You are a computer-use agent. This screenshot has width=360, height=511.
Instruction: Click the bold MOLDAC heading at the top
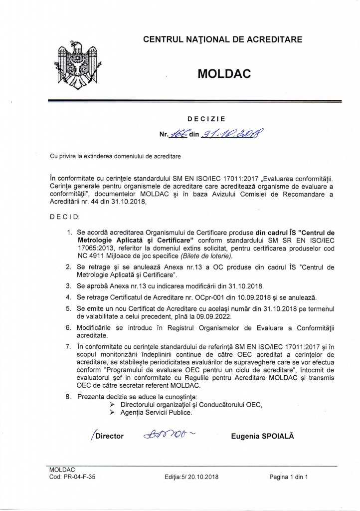pyautogui.click(x=224, y=74)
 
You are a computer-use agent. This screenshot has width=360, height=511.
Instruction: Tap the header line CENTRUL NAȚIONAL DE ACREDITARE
pyautogui.click(x=222, y=39)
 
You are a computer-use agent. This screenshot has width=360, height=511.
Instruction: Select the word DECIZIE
pyautogui.click(x=206, y=119)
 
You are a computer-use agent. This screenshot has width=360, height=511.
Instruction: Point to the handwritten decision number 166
pyautogui.click(x=178, y=133)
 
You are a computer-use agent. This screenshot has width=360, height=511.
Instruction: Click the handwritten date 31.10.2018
pyautogui.click(x=231, y=133)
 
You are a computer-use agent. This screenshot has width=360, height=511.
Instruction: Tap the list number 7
pyautogui.click(x=69, y=346)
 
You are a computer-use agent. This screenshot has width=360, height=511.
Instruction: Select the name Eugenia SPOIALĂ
pyautogui.click(x=263, y=436)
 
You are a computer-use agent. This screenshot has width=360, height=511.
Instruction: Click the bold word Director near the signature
pyautogui.click(x=109, y=436)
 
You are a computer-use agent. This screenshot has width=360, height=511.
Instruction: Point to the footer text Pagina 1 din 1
pyautogui.click(x=289, y=477)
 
